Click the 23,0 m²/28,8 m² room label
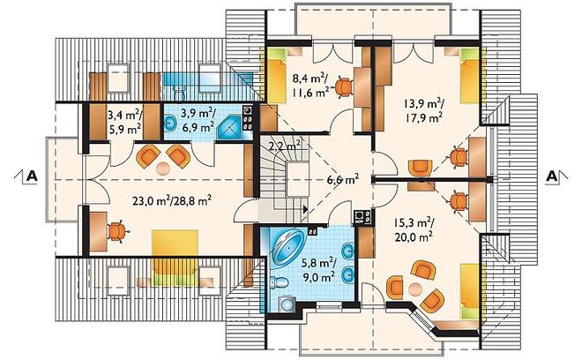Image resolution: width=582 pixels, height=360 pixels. pyautogui.click(x=172, y=201)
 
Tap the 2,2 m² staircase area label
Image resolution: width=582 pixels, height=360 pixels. pyautogui.click(x=284, y=146)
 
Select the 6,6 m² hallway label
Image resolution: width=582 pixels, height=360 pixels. pyautogui.click(x=343, y=179)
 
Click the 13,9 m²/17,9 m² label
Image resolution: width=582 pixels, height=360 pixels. pyautogui.click(x=423, y=110)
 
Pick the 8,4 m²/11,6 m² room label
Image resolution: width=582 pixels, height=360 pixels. pyautogui.click(x=310, y=85)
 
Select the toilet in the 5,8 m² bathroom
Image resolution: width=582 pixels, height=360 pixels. pyautogui.click(x=280, y=282)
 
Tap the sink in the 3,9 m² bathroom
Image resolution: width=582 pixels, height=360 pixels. pyautogui.click(x=170, y=123)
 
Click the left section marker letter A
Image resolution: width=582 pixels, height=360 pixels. pyautogui.click(x=33, y=176)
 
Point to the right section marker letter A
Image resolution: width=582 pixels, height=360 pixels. pyautogui.click(x=551, y=176)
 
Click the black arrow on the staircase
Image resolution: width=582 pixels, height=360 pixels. pyautogui.click(x=305, y=209)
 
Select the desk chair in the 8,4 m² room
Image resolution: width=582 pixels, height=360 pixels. pyautogui.click(x=343, y=87)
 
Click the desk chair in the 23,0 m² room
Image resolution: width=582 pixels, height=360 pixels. pyautogui.click(x=117, y=231)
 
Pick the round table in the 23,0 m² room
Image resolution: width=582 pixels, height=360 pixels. pyautogui.click(x=162, y=169)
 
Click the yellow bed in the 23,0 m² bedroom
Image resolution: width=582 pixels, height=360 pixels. pyautogui.click(x=175, y=258)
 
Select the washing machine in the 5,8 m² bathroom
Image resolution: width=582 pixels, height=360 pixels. pyautogui.click(x=287, y=304)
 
